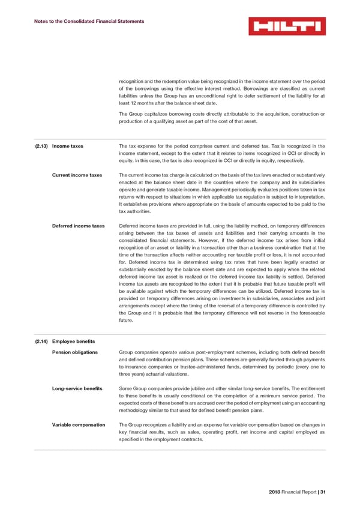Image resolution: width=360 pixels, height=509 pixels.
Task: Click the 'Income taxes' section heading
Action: click(x=68, y=146)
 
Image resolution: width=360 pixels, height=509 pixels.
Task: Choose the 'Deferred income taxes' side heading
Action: click(x=79, y=226)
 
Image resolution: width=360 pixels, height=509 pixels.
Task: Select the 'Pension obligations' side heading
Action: click(x=75, y=352)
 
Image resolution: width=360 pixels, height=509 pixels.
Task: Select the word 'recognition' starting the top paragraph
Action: click(x=133, y=81)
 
